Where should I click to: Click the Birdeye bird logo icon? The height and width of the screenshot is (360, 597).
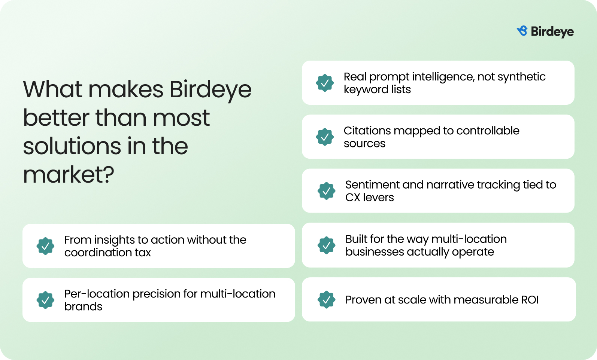[522, 31]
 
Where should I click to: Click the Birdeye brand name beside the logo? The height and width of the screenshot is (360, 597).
[552, 32]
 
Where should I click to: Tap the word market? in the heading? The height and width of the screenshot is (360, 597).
[69, 174]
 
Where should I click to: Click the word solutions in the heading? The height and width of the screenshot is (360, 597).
[72, 146]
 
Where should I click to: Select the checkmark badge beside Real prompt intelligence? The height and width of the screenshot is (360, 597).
[325, 83]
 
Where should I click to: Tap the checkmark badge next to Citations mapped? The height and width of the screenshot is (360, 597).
[325, 137]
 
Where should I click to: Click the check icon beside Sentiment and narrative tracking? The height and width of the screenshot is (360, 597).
[326, 191]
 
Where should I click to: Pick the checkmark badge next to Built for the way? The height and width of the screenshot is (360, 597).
[326, 245]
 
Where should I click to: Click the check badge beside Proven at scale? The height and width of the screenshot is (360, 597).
[326, 299]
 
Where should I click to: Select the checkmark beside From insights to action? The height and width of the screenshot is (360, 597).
[45, 246]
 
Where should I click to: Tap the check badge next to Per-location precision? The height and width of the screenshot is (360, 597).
[45, 300]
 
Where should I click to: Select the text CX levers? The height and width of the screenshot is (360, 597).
[369, 198]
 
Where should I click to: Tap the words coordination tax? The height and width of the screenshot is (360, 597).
[107, 253]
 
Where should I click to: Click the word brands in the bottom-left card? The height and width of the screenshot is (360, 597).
[83, 307]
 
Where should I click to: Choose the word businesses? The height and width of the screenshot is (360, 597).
[375, 252]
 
